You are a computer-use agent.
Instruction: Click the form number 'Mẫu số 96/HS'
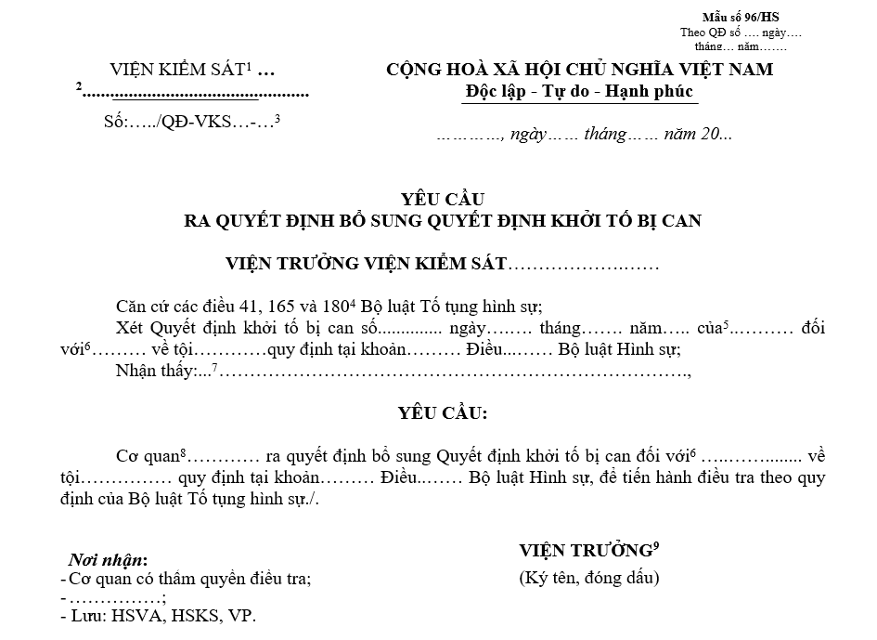pyautogui.click(x=742, y=18)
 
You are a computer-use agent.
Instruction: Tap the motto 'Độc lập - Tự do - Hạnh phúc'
pyautogui.click(x=579, y=92)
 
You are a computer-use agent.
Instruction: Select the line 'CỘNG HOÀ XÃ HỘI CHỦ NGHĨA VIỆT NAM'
pyautogui.click(x=580, y=70)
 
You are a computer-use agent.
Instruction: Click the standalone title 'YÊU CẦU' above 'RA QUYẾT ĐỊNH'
pyautogui.click(x=443, y=199)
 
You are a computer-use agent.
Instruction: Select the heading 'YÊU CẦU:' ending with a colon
pyautogui.click(x=443, y=411)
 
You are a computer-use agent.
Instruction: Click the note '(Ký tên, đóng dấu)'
pyautogui.click(x=589, y=578)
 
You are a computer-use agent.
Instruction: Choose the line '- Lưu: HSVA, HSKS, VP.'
pyautogui.click(x=158, y=615)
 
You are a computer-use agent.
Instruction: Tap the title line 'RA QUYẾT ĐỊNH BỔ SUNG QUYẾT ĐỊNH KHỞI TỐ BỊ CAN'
pyautogui.click(x=443, y=220)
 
